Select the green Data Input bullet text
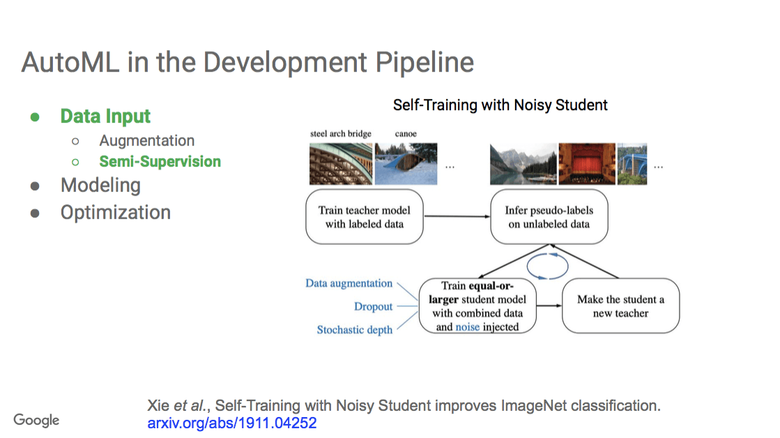(x=105, y=116)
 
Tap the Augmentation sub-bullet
(x=146, y=141)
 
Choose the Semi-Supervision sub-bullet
(x=160, y=162)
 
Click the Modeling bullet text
(x=100, y=186)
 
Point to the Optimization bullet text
(x=115, y=213)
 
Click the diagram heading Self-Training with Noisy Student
(x=500, y=105)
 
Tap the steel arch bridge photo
(x=341, y=164)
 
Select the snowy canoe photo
(x=406, y=164)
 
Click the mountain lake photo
(x=523, y=164)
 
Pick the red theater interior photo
(x=587, y=164)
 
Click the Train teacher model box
(x=364, y=217)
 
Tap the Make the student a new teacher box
(x=620, y=307)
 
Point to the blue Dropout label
(x=373, y=307)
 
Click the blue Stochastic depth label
(x=354, y=330)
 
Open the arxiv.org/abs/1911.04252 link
(x=231, y=423)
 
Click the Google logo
(x=36, y=420)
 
